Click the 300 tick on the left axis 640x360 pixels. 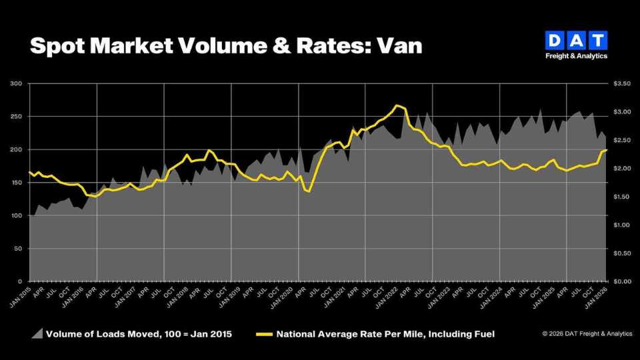(17, 83)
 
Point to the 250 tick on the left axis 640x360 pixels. (17, 117)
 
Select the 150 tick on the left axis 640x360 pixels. (17, 183)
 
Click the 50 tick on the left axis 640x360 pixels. (18, 249)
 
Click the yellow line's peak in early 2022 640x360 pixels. (397, 105)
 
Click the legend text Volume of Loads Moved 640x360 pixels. (100, 333)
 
